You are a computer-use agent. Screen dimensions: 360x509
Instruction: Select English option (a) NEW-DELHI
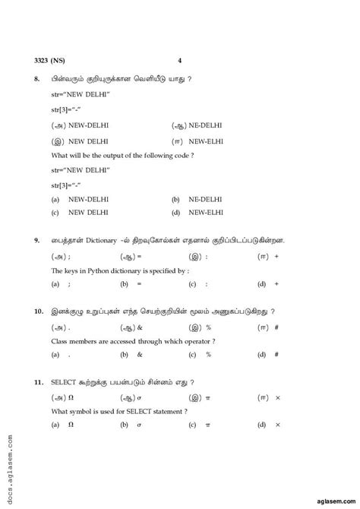[x=87, y=198]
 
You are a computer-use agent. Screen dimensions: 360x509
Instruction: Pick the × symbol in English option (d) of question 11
[x=277, y=425]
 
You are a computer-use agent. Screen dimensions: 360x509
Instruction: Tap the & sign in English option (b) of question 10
[x=140, y=354]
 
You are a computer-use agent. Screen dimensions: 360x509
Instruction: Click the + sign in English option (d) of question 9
[x=276, y=283]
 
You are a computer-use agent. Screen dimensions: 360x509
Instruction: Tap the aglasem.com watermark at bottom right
[x=327, y=492]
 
